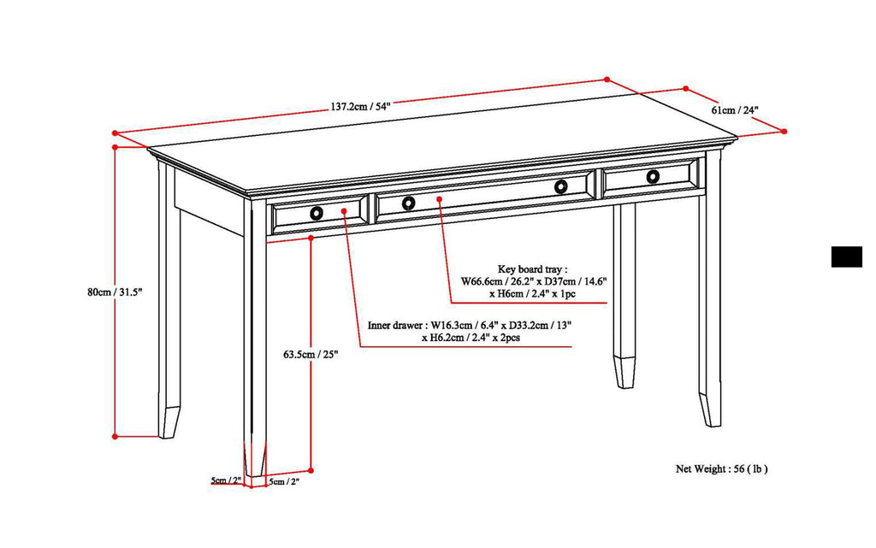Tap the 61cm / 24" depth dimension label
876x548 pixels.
coord(734,110)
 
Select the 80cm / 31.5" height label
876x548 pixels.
coord(114,292)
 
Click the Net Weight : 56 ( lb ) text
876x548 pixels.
coord(722,468)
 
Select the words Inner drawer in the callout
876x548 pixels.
coord(396,326)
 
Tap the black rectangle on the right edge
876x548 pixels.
coord(846,256)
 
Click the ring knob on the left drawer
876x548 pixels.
coord(317,213)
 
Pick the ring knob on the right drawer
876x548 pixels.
coord(654,176)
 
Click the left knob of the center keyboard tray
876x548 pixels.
coord(408,203)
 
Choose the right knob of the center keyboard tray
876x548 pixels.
coord(561,186)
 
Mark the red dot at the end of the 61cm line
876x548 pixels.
coord(784,131)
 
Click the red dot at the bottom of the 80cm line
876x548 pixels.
coord(115,436)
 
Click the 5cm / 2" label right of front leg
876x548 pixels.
coord(284,481)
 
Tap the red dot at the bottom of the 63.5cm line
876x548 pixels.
coord(311,470)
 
